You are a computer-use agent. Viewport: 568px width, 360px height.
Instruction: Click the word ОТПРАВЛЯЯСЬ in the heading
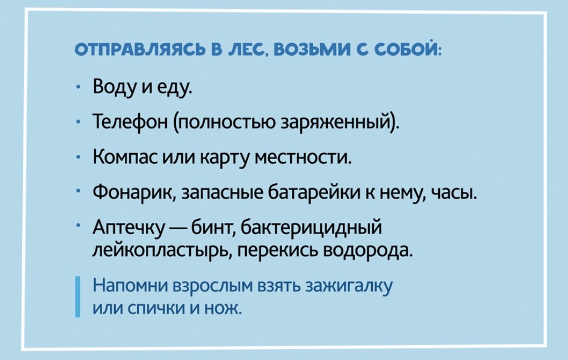tap(140, 50)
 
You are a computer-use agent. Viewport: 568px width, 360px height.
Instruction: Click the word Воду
tap(115, 88)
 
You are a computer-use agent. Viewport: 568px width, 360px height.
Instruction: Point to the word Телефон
tap(130, 121)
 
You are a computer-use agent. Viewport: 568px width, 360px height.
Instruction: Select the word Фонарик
tap(134, 192)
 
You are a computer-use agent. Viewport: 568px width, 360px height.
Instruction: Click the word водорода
tap(367, 251)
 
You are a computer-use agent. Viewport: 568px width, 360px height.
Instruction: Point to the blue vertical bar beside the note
tap(78, 297)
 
